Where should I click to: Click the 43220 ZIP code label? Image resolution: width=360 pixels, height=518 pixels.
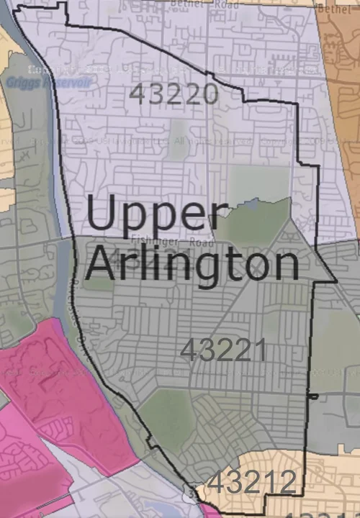pos(174,94)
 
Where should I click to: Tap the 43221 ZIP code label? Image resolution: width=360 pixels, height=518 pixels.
pos(223,350)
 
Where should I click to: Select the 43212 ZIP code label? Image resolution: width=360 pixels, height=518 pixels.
pos(253,482)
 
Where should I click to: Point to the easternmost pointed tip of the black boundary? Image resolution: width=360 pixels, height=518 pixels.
pos(336,281)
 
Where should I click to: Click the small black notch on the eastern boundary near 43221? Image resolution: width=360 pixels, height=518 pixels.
pos(312,396)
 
